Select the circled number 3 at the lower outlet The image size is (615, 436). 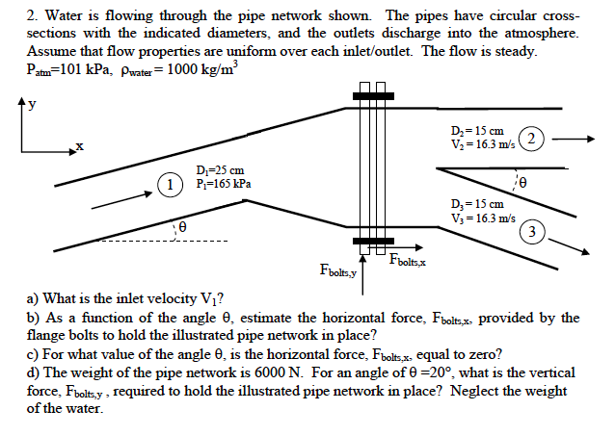[532, 230]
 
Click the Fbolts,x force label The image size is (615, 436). [409, 259]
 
